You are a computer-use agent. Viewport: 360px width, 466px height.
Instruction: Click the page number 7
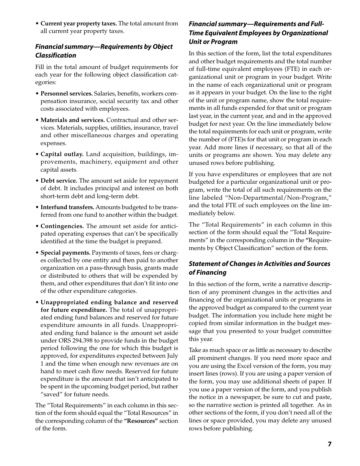pyautogui.click(x=329, y=444)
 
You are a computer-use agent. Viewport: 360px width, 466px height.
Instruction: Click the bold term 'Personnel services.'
pyautogui.click(x=66, y=93)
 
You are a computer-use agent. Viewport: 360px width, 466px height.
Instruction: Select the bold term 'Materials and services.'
pyautogui.click(x=72, y=120)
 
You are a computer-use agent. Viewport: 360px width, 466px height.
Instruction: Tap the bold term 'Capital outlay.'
pyautogui.click(x=62, y=154)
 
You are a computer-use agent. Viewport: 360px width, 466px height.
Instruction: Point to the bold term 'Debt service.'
pyautogui.click(x=59, y=181)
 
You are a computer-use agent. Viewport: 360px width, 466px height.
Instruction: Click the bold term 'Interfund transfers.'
pyautogui.click(x=67, y=207)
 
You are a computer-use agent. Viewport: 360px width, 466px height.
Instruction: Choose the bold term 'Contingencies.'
pyautogui.click(x=62, y=226)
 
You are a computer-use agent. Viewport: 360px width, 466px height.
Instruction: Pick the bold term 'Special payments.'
pyautogui.click(x=65, y=253)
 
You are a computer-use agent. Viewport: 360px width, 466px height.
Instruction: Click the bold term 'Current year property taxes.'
pyautogui.click(x=78, y=23)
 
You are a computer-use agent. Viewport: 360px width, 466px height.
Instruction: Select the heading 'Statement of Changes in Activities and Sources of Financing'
pyautogui.click(x=259, y=268)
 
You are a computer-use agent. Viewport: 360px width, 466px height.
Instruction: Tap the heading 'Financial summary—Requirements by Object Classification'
pyautogui.click(x=103, y=51)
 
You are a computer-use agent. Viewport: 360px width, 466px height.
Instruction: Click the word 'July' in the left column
pyautogui.click(x=172, y=356)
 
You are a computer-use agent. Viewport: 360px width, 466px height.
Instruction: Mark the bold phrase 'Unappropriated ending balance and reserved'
pyautogui.click(x=109, y=302)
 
